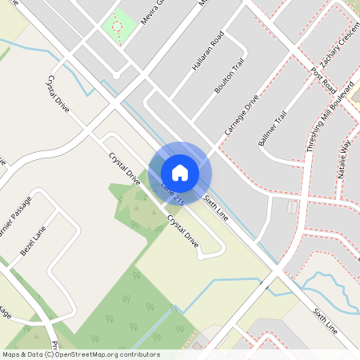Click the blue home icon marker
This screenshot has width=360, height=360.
click(180, 172)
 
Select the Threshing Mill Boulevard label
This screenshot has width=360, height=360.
click(319, 136)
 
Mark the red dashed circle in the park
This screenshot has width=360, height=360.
click(118, 26)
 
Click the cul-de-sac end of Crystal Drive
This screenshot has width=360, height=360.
click(213, 254)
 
